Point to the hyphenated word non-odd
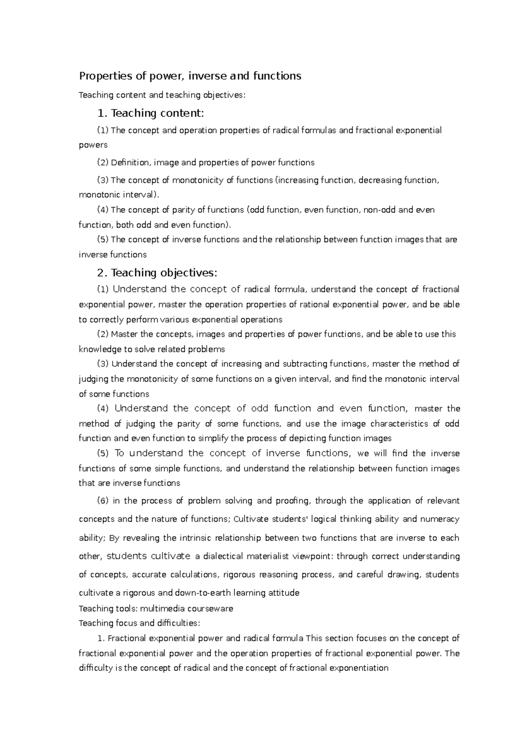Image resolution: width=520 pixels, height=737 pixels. (x=380, y=210)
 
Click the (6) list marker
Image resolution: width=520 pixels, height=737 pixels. (x=103, y=501)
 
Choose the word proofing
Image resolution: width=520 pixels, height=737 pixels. (x=292, y=501)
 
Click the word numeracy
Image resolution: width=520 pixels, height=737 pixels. (x=440, y=519)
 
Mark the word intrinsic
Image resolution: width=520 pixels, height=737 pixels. (x=194, y=538)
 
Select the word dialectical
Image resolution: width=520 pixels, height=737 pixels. (x=223, y=556)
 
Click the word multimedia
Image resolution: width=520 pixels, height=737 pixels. (x=164, y=609)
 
